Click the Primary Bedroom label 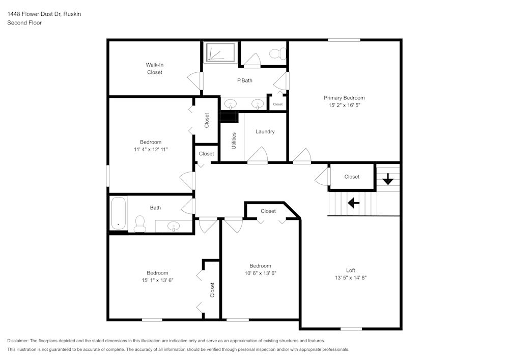click(x=344, y=98)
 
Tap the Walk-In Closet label click(x=155, y=68)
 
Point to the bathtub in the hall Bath click(x=119, y=213)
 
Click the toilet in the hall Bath click(x=139, y=223)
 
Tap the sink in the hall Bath click(x=173, y=226)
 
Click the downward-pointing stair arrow click(x=388, y=179)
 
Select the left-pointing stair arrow click(x=353, y=203)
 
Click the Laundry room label click(x=265, y=131)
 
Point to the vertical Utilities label click(x=234, y=141)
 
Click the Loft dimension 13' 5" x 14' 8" click(x=351, y=278)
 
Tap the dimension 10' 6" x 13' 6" click(x=260, y=273)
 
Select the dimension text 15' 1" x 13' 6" click(x=158, y=280)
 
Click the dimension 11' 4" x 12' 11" click(x=151, y=149)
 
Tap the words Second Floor click(x=24, y=23)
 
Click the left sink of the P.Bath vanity click(x=231, y=104)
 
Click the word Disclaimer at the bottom click(x=18, y=341)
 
